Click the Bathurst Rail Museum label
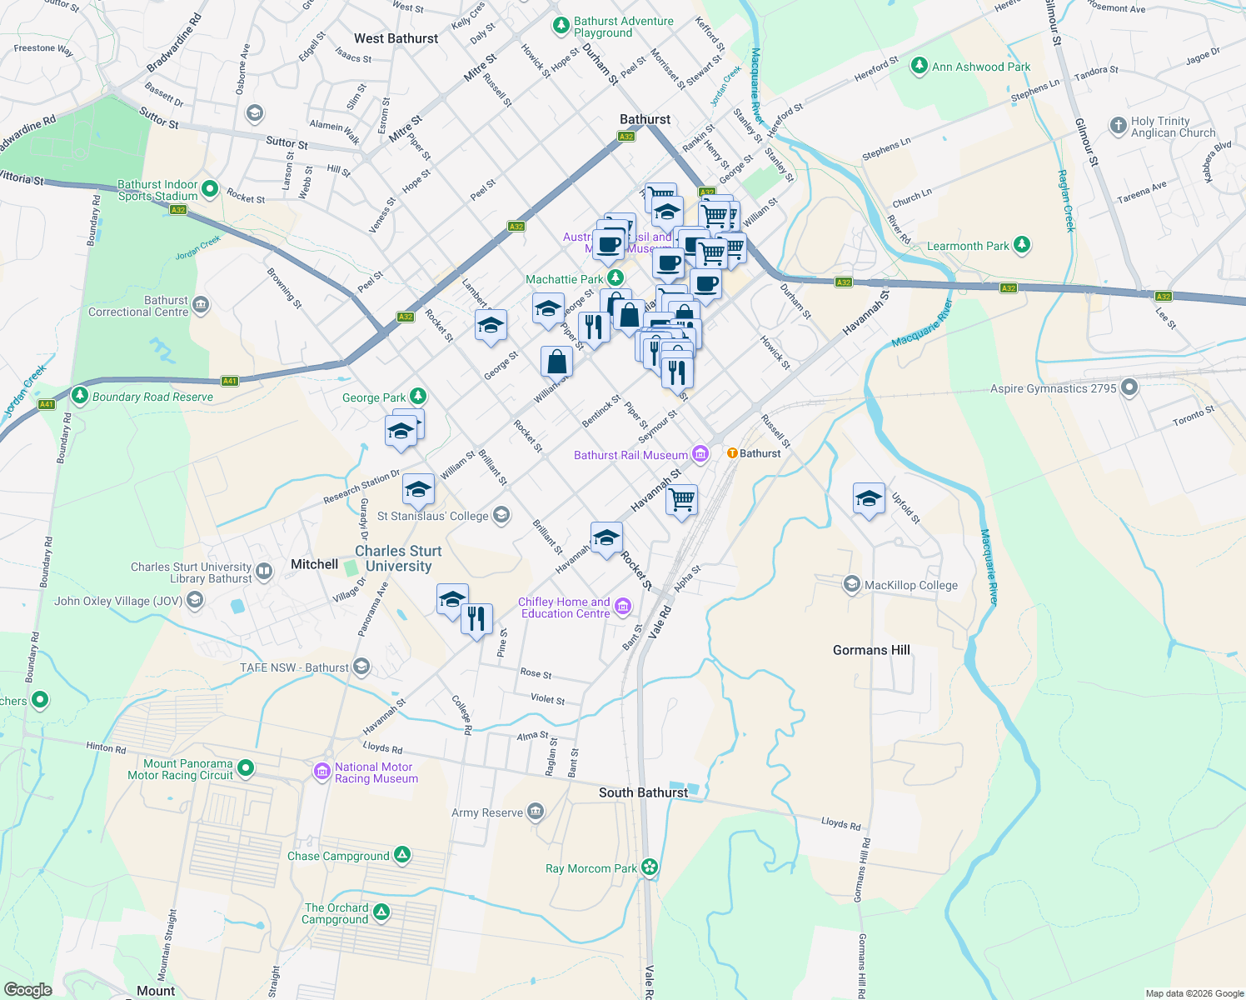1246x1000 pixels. tap(630, 455)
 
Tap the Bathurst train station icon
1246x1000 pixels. tap(732, 453)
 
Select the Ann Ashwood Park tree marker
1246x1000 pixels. tap(919, 66)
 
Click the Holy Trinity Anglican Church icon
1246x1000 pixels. tap(1118, 126)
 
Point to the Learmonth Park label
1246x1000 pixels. tap(968, 246)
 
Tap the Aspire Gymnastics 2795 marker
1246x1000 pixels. tap(1129, 387)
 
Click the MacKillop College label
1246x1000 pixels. tap(911, 585)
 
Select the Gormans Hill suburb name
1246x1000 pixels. tap(871, 650)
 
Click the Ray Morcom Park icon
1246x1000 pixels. tap(650, 867)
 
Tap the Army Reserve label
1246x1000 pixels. tap(487, 812)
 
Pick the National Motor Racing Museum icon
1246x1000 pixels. tap(321, 772)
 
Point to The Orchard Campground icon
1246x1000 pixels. tap(381, 912)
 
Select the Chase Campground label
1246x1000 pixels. tap(338, 856)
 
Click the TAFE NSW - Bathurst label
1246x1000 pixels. tap(294, 667)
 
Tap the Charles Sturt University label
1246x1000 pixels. tap(398, 558)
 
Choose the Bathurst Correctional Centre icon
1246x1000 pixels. tap(201, 305)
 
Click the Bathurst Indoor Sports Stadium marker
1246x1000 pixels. tap(210, 190)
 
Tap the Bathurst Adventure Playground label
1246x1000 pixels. tap(623, 27)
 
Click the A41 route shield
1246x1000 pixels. tap(230, 381)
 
